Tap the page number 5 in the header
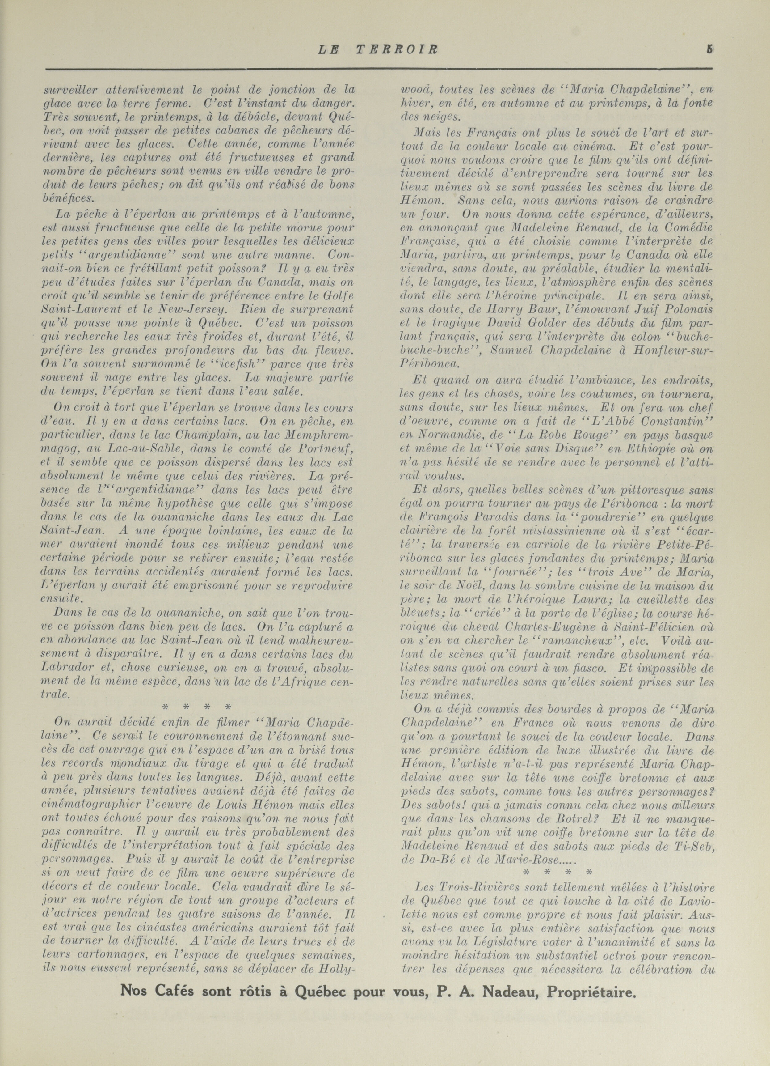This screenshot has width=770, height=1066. tap(709, 49)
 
